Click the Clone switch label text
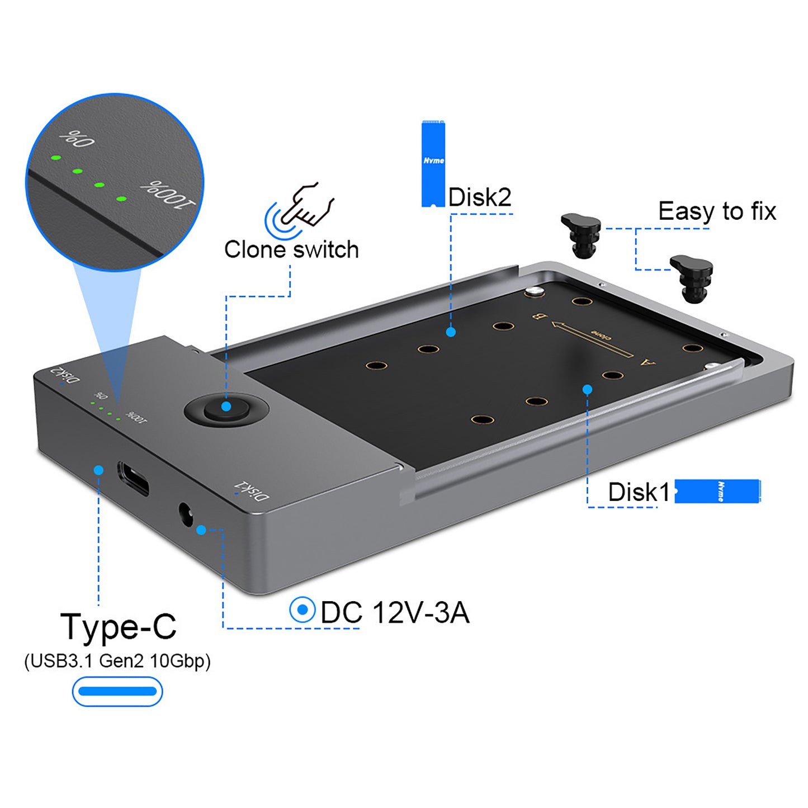(291, 249)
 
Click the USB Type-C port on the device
(133, 478)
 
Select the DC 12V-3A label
(395, 612)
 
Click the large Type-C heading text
(118, 626)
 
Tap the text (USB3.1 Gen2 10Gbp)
(117, 661)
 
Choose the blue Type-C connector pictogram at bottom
(117, 692)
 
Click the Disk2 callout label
(480, 197)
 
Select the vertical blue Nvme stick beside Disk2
(433, 163)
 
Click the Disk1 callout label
(638, 492)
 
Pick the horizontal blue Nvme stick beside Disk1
(717, 491)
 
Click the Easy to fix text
(717, 211)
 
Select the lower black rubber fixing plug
(692, 278)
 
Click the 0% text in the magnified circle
(77, 138)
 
